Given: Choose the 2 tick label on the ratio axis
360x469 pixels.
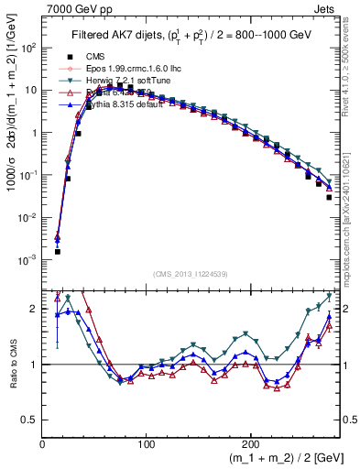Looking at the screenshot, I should pos(34,309).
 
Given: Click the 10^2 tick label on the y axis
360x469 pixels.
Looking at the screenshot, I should pos(27,48).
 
